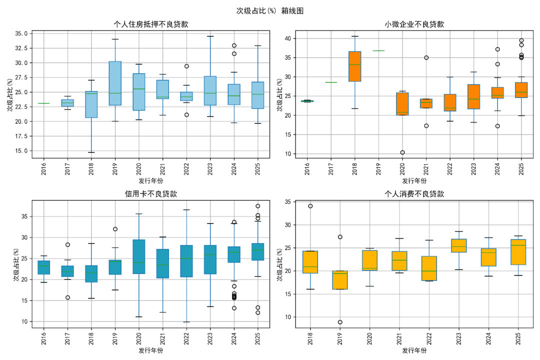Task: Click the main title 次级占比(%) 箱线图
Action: tap(269, 10)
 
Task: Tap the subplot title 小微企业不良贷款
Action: tap(414, 24)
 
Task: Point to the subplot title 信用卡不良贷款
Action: tap(151, 194)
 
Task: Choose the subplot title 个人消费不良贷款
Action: tap(414, 194)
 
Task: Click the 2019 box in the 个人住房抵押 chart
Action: tap(115, 83)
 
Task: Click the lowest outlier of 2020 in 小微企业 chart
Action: tap(402, 152)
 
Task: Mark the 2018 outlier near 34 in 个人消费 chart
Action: tap(310, 206)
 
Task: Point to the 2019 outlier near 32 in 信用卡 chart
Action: tap(115, 229)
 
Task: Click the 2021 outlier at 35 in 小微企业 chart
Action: tap(426, 57)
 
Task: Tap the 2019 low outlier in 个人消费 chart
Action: tap(340, 322)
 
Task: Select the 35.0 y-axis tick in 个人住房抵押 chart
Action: tap(21, 33)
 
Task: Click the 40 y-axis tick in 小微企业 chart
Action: tap(287, 38)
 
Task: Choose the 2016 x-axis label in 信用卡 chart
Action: tap(43, 336)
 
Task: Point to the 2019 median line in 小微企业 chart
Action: tap(378, 50)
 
